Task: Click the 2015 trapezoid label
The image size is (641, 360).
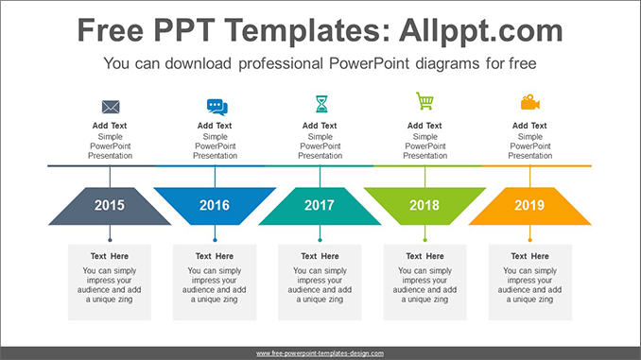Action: tap(110, 205)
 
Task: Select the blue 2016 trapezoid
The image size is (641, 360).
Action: tap(215, 205)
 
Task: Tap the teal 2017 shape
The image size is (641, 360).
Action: tap(320, 205)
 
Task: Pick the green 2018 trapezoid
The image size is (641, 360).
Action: tap(424, 205)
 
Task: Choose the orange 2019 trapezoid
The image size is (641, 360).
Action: tap(529, 205)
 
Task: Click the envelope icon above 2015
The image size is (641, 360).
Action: tap(111, 107)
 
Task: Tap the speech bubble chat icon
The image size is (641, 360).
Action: tap(217, 107)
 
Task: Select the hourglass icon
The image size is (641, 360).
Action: tap(320, 103)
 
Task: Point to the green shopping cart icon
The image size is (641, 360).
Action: tap(424, 101)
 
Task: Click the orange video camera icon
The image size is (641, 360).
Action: tap(529, 102)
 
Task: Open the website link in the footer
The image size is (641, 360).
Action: tap(320, 353)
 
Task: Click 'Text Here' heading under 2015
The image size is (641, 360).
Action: tap(110, 256)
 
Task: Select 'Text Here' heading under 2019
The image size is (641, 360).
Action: tap(529, 256)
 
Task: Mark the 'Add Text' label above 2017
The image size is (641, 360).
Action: tap(320, 126)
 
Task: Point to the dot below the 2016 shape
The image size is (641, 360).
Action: tap(215, 240)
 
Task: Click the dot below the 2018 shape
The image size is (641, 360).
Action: tap(424, 240)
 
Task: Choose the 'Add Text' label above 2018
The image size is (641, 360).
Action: tap(424, 126)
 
